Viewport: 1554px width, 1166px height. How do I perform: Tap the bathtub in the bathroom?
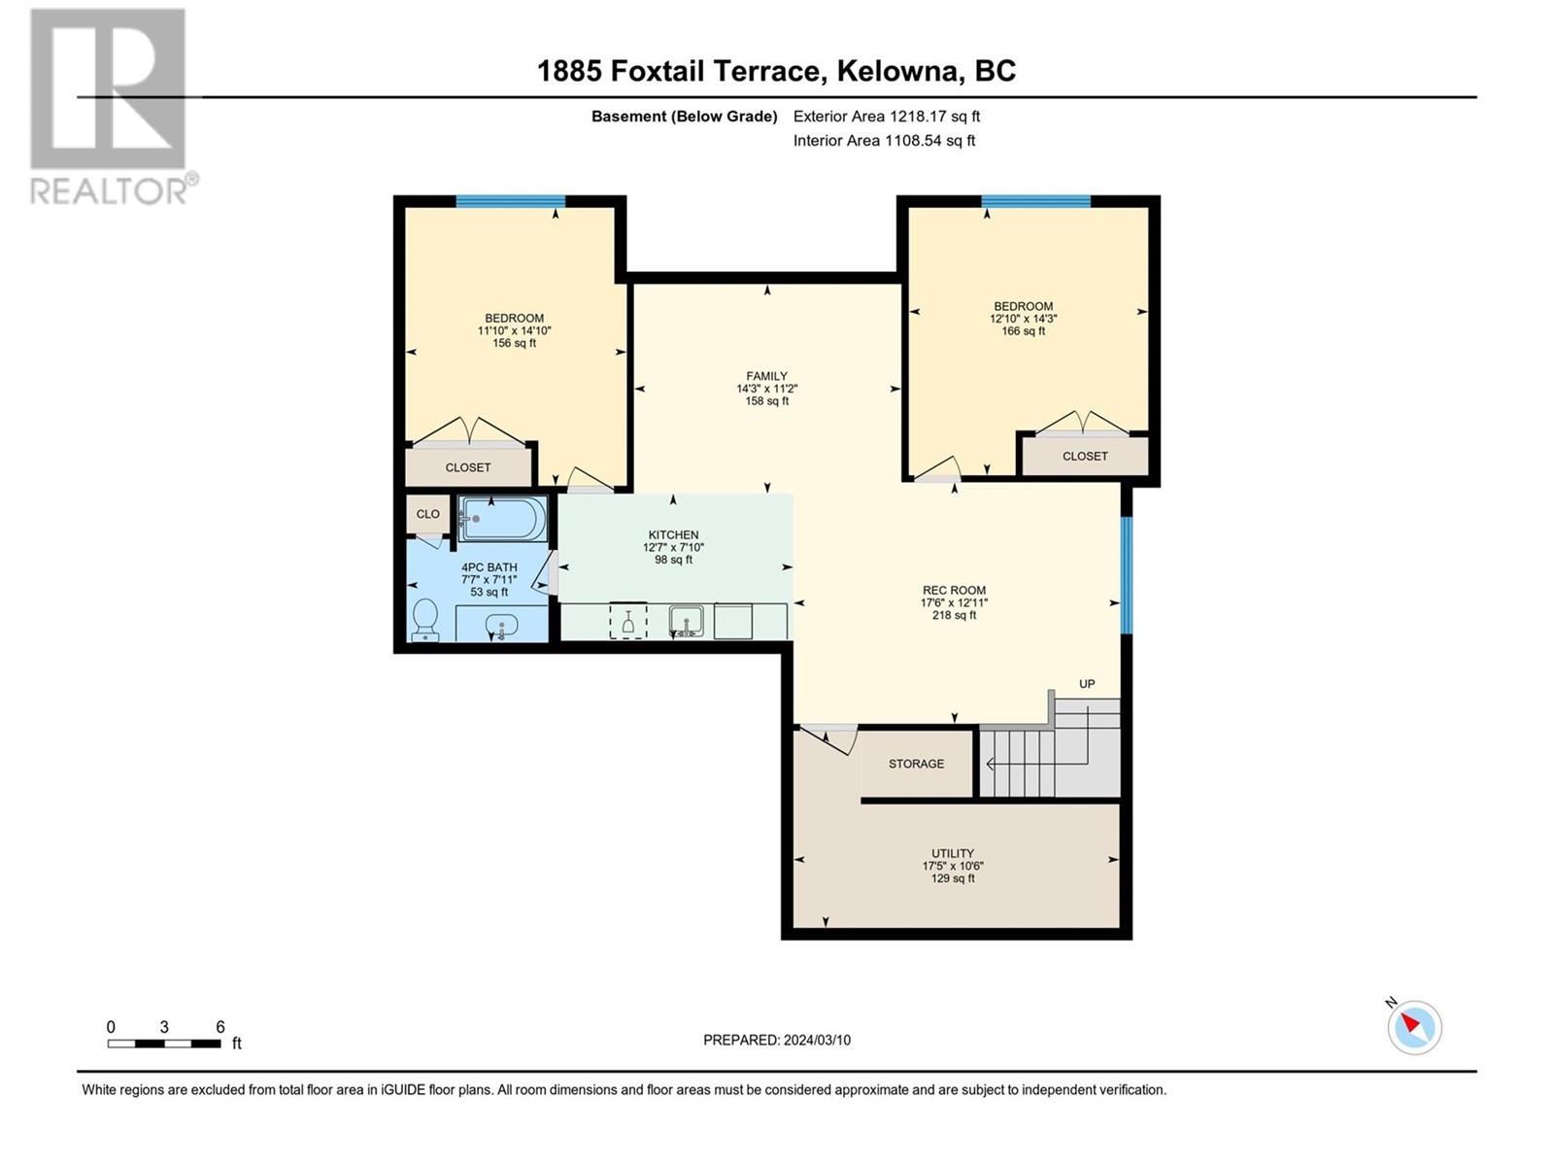pos(502,519)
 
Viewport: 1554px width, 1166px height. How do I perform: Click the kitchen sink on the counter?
pos(686,620)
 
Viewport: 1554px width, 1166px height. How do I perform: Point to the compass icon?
pos(1414,1027)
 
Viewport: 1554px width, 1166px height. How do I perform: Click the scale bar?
pos(163,1044)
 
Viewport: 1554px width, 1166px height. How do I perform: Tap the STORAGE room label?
pos(916,764)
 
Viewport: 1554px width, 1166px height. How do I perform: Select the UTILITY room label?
pos(952,853)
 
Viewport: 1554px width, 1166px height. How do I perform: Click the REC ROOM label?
pos(954,590)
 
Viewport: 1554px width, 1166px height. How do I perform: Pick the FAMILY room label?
pos(766,376)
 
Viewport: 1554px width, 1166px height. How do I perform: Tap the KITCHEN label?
pos(673,534)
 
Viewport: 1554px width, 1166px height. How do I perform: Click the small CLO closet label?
pos(427,514)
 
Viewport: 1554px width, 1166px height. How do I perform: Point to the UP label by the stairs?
pos(1087,684)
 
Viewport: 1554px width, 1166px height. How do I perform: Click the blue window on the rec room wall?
pos(1127,575)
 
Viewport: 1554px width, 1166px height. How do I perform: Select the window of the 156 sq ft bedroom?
pos(511,201)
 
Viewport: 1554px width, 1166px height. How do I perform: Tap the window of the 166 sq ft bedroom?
pos(1035,201)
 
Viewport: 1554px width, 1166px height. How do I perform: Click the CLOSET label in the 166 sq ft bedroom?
pos(1085,456)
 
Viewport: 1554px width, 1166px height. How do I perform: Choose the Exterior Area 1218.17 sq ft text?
pos(887,116)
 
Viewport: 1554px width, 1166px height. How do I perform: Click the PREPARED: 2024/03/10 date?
pos(777,1040)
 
